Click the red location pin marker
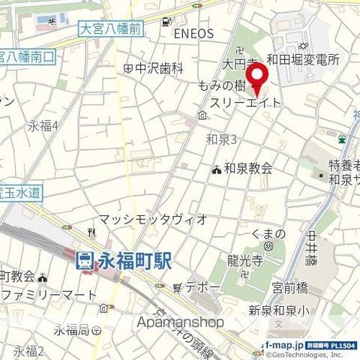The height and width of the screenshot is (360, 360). (258, 76)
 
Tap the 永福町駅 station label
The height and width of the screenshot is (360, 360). (135, 261)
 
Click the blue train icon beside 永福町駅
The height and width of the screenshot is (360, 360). (85, 261)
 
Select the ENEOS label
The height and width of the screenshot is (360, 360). (193, 34)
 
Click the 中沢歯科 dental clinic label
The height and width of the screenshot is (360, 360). (160, 68)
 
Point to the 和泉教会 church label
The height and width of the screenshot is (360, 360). (248, 169)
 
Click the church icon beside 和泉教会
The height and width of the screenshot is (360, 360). (217, 170)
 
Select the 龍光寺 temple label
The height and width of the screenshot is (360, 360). (245, 261)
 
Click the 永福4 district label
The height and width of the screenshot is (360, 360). (43, 126)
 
